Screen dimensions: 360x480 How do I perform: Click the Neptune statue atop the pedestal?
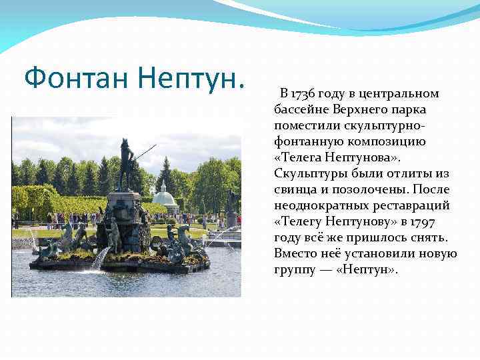tap(125, 163)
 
